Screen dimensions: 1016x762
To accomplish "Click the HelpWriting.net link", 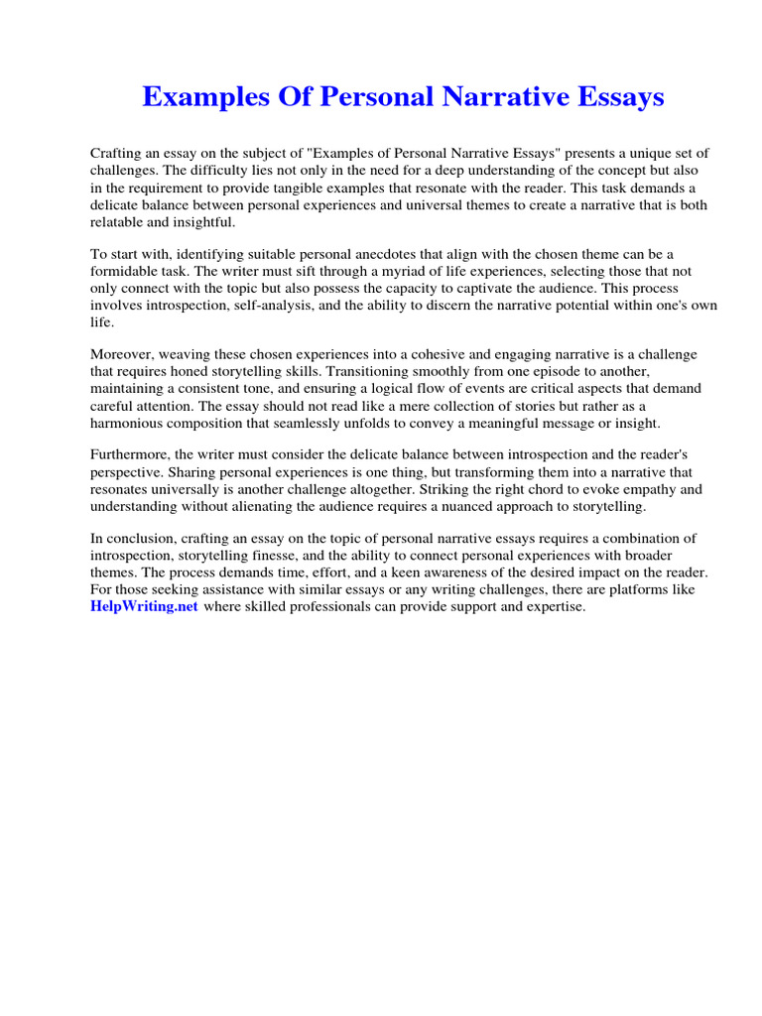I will pos(145,607).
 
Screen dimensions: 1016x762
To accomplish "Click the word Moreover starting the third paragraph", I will pos(125,354).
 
